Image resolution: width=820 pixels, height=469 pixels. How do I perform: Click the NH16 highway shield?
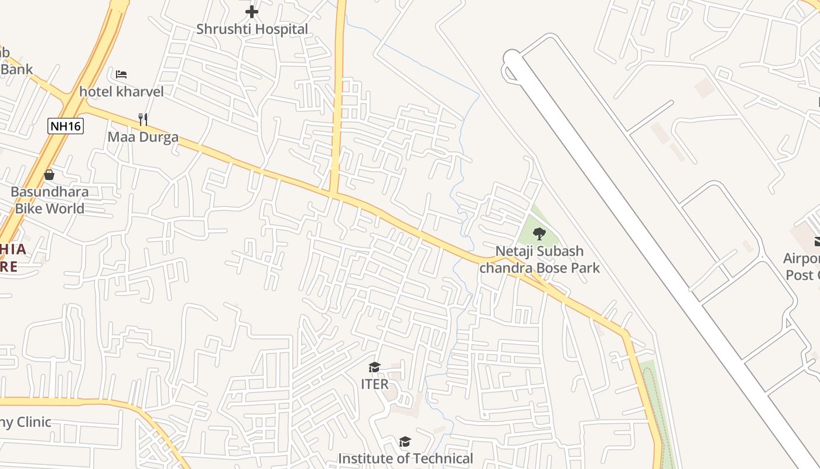coord(66,125)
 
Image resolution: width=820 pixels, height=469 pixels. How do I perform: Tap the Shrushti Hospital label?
coord(252,29)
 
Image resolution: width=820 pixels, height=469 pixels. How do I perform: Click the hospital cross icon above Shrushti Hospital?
coord(252,12)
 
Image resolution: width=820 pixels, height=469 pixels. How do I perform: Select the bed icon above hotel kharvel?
coord(121,74)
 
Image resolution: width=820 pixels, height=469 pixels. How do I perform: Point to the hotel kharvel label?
coord(121,91)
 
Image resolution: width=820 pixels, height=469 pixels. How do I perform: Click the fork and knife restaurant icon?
coord(143,120)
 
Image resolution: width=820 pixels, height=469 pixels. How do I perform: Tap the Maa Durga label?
coord(143,138)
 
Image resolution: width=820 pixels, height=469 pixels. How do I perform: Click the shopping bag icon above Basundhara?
coord(49,175)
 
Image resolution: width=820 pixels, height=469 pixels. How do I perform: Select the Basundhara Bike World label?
coord(49,200)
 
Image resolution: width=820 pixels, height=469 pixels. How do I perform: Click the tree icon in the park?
coord(539,234)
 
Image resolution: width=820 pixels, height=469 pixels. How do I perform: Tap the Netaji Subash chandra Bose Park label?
coord(539,259)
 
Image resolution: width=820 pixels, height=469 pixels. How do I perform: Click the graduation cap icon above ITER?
coord(374,368)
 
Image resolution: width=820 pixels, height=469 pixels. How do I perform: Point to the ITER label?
coord(374,384)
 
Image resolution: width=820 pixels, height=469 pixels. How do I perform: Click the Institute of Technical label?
coord(405,458)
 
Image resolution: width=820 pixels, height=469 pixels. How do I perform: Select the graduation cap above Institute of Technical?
coord(405,441)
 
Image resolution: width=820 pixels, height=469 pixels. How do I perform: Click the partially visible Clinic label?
coord(26,422)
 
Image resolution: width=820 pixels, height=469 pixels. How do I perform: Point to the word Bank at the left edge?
coord(16,69)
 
